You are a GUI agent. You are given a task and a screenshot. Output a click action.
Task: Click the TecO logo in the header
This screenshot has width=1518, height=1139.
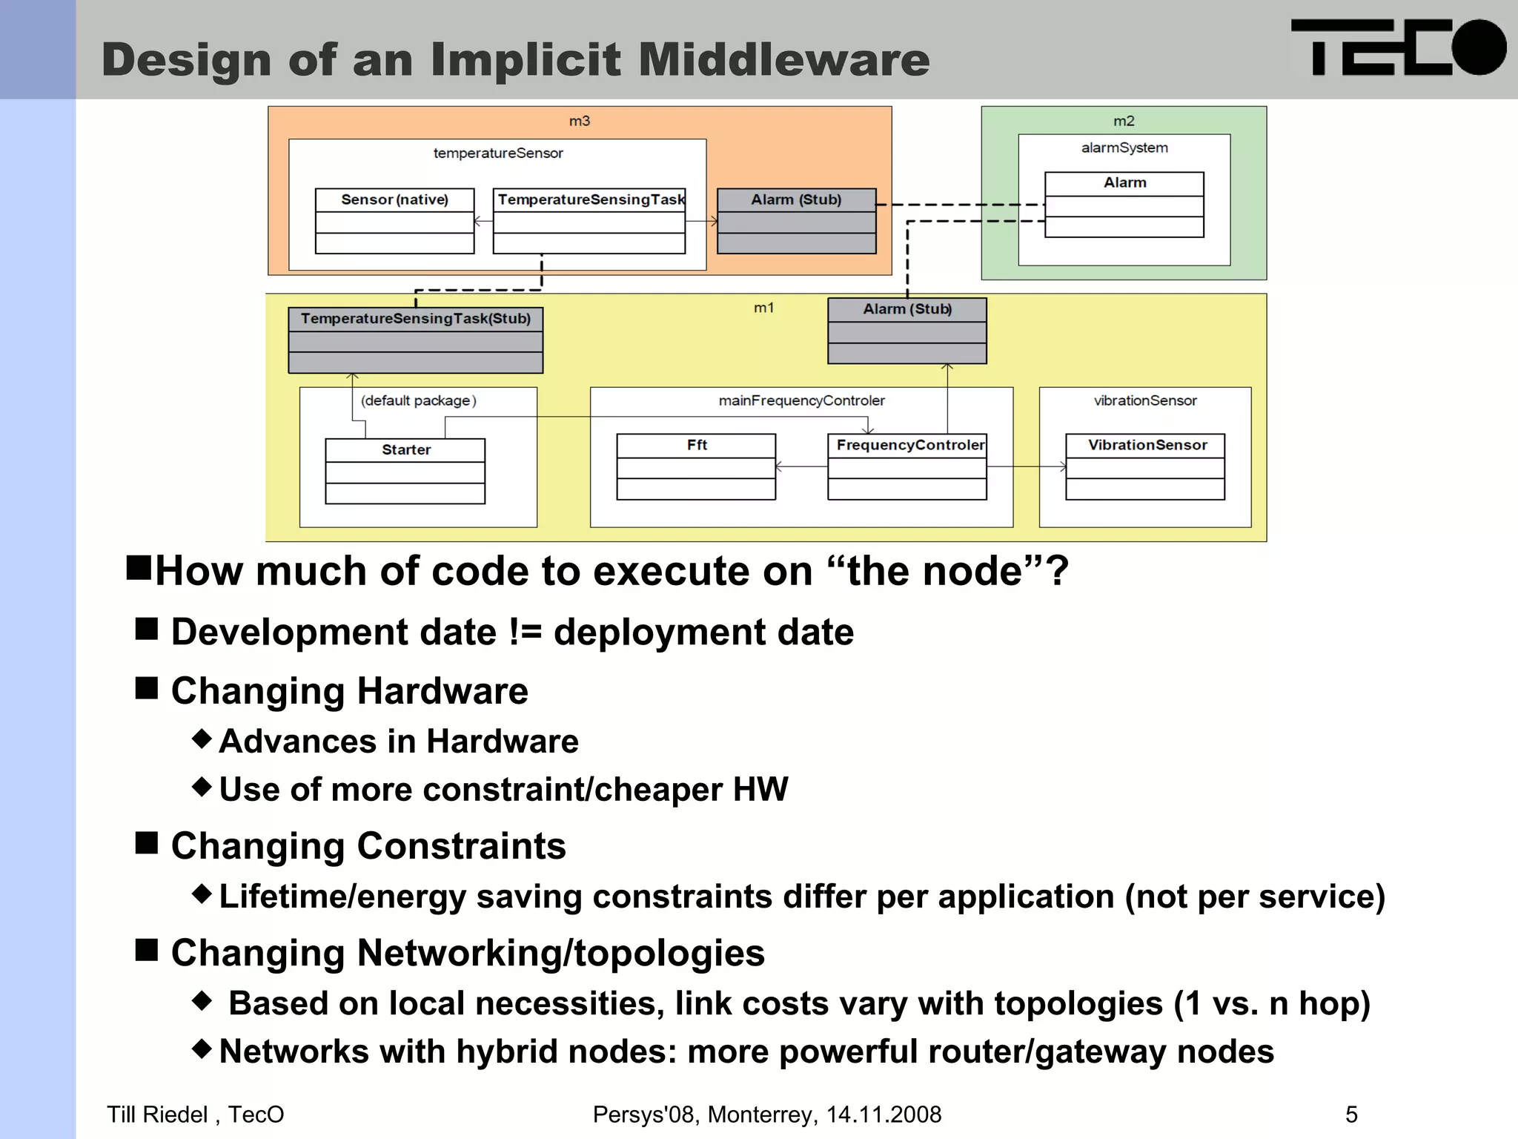click(1398, 47)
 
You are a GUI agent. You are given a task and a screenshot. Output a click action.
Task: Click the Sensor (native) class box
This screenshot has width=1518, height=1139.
click(394, 221)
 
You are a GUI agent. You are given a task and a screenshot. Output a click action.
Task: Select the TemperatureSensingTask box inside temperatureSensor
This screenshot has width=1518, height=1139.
click(589, 221)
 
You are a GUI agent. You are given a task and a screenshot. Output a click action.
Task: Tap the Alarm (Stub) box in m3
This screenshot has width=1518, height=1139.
click(796, 221)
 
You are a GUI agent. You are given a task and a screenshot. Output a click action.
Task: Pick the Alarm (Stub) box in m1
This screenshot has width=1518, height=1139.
click(907, 331)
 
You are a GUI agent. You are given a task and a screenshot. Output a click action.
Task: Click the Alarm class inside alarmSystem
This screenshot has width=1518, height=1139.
click(1124, 205)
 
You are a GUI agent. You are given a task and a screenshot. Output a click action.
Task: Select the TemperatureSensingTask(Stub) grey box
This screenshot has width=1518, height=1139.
click(415, 340)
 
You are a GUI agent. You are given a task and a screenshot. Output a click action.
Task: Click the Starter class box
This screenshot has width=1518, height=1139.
click(405, 471)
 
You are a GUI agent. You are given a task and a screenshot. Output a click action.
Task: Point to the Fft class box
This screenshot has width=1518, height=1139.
click(696, 466)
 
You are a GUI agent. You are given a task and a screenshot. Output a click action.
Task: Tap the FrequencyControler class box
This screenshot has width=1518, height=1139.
click(907, 466)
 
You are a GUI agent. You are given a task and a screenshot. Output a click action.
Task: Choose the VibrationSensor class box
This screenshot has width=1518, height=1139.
click(1144, 466)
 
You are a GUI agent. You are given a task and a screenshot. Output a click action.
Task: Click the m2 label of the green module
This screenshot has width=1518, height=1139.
click(1124, 121)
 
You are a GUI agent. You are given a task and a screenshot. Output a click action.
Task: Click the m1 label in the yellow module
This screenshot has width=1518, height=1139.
click(763, 308)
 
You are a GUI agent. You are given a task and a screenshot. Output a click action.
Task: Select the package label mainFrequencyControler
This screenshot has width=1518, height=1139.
click(801, 400)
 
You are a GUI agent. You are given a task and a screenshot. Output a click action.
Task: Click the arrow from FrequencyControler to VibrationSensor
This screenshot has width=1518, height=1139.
click(1026, 466)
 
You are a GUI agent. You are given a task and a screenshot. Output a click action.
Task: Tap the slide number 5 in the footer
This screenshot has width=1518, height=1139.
click(1351, 1115)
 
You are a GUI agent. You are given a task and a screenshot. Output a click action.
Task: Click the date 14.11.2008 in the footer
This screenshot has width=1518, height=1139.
click(884, 1115)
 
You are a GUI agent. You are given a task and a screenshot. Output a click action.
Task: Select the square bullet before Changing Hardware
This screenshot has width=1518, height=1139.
click(147, 689)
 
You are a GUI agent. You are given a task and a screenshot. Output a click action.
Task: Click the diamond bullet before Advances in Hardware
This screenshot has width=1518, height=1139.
click(202, 739)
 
